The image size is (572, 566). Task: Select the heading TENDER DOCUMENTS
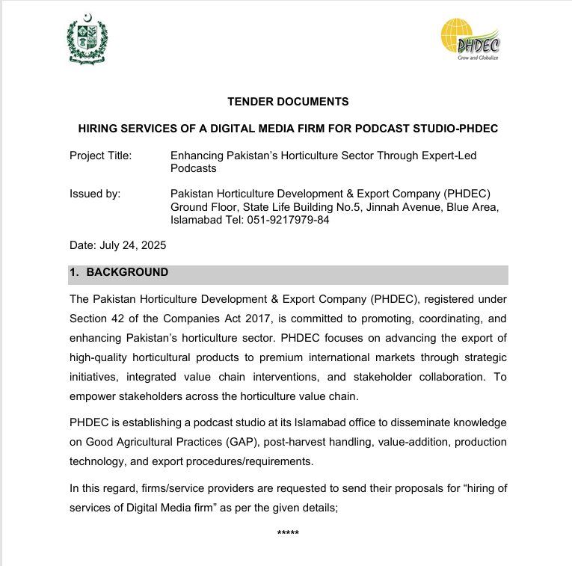point(288,102)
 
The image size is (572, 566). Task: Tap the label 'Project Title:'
point(100,156)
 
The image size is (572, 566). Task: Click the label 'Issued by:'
point(95,194)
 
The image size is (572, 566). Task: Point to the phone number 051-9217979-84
point(286,220)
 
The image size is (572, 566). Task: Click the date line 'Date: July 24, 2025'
point(117,245)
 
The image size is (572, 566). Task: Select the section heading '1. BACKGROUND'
point(119,273)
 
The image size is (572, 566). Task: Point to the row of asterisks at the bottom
point(288,533)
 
